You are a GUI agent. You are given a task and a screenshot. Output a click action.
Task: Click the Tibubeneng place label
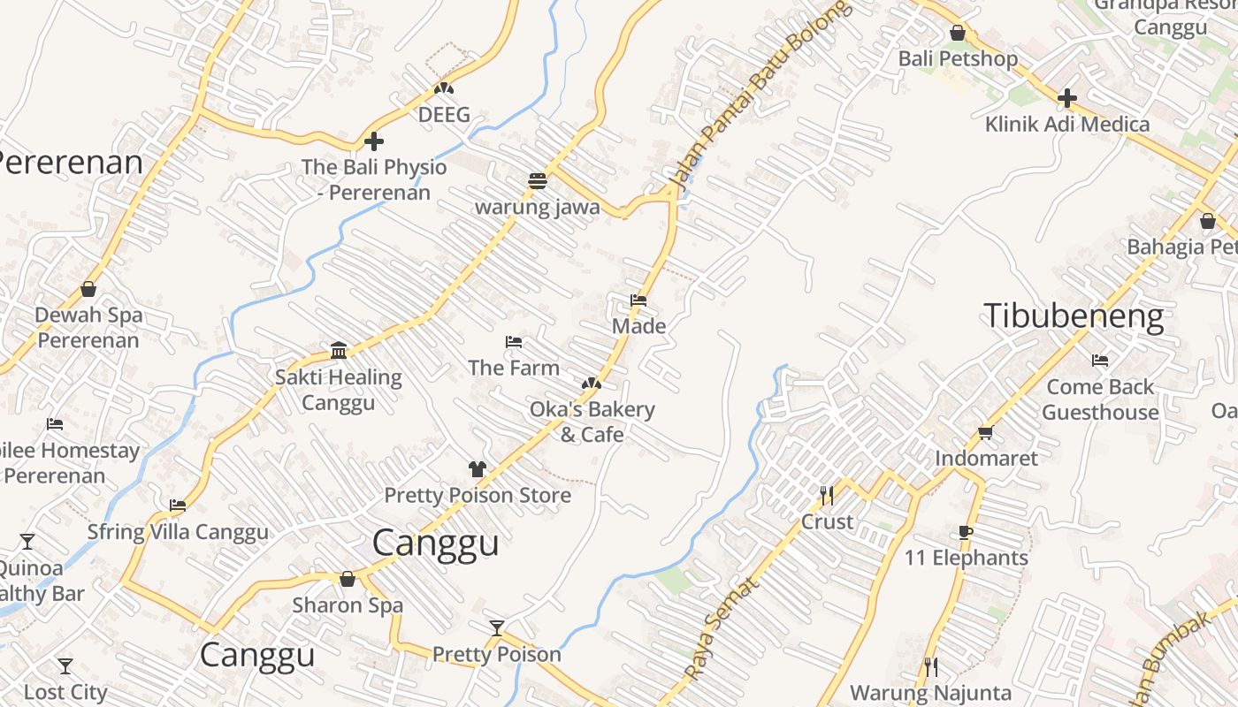[1074, 315]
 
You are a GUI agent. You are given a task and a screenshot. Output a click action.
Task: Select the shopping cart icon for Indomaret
[985, 432]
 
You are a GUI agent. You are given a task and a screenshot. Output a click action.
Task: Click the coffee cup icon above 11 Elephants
[965, 532]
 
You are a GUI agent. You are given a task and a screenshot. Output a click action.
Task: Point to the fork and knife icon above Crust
[827, 495]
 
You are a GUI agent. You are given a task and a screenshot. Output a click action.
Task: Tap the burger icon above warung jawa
[537, 181]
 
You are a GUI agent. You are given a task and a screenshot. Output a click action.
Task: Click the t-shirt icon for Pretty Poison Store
[478, 469]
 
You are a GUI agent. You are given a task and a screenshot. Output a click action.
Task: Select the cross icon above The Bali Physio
[374, 141]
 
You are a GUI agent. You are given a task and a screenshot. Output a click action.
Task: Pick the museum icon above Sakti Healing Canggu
[338, 351]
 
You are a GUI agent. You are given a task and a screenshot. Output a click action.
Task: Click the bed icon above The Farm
[513, 342]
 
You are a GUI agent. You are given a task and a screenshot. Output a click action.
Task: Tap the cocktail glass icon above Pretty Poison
[497, 628]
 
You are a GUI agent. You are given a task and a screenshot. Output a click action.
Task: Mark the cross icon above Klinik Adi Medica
[1067, 97]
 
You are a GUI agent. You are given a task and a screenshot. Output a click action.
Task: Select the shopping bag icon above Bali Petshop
[958, 34]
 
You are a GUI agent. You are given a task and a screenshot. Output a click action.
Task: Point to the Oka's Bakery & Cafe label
[592, 422]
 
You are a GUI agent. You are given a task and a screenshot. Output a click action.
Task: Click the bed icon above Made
[638, 300]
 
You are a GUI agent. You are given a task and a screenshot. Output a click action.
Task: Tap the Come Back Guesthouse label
[1100, 399]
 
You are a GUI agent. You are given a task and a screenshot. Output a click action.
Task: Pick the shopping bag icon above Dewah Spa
[88, 289]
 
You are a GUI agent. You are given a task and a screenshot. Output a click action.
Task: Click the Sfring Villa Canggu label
[178, 532]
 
